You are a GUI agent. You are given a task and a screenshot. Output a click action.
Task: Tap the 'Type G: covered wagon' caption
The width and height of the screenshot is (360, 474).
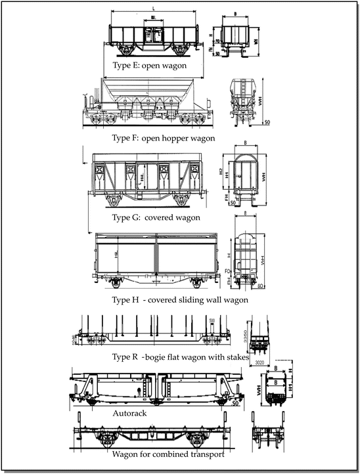pyautogui.click(x=156, y=217)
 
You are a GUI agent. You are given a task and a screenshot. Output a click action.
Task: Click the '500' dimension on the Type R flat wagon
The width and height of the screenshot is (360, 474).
pyautogui.click(x=212, y=320)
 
